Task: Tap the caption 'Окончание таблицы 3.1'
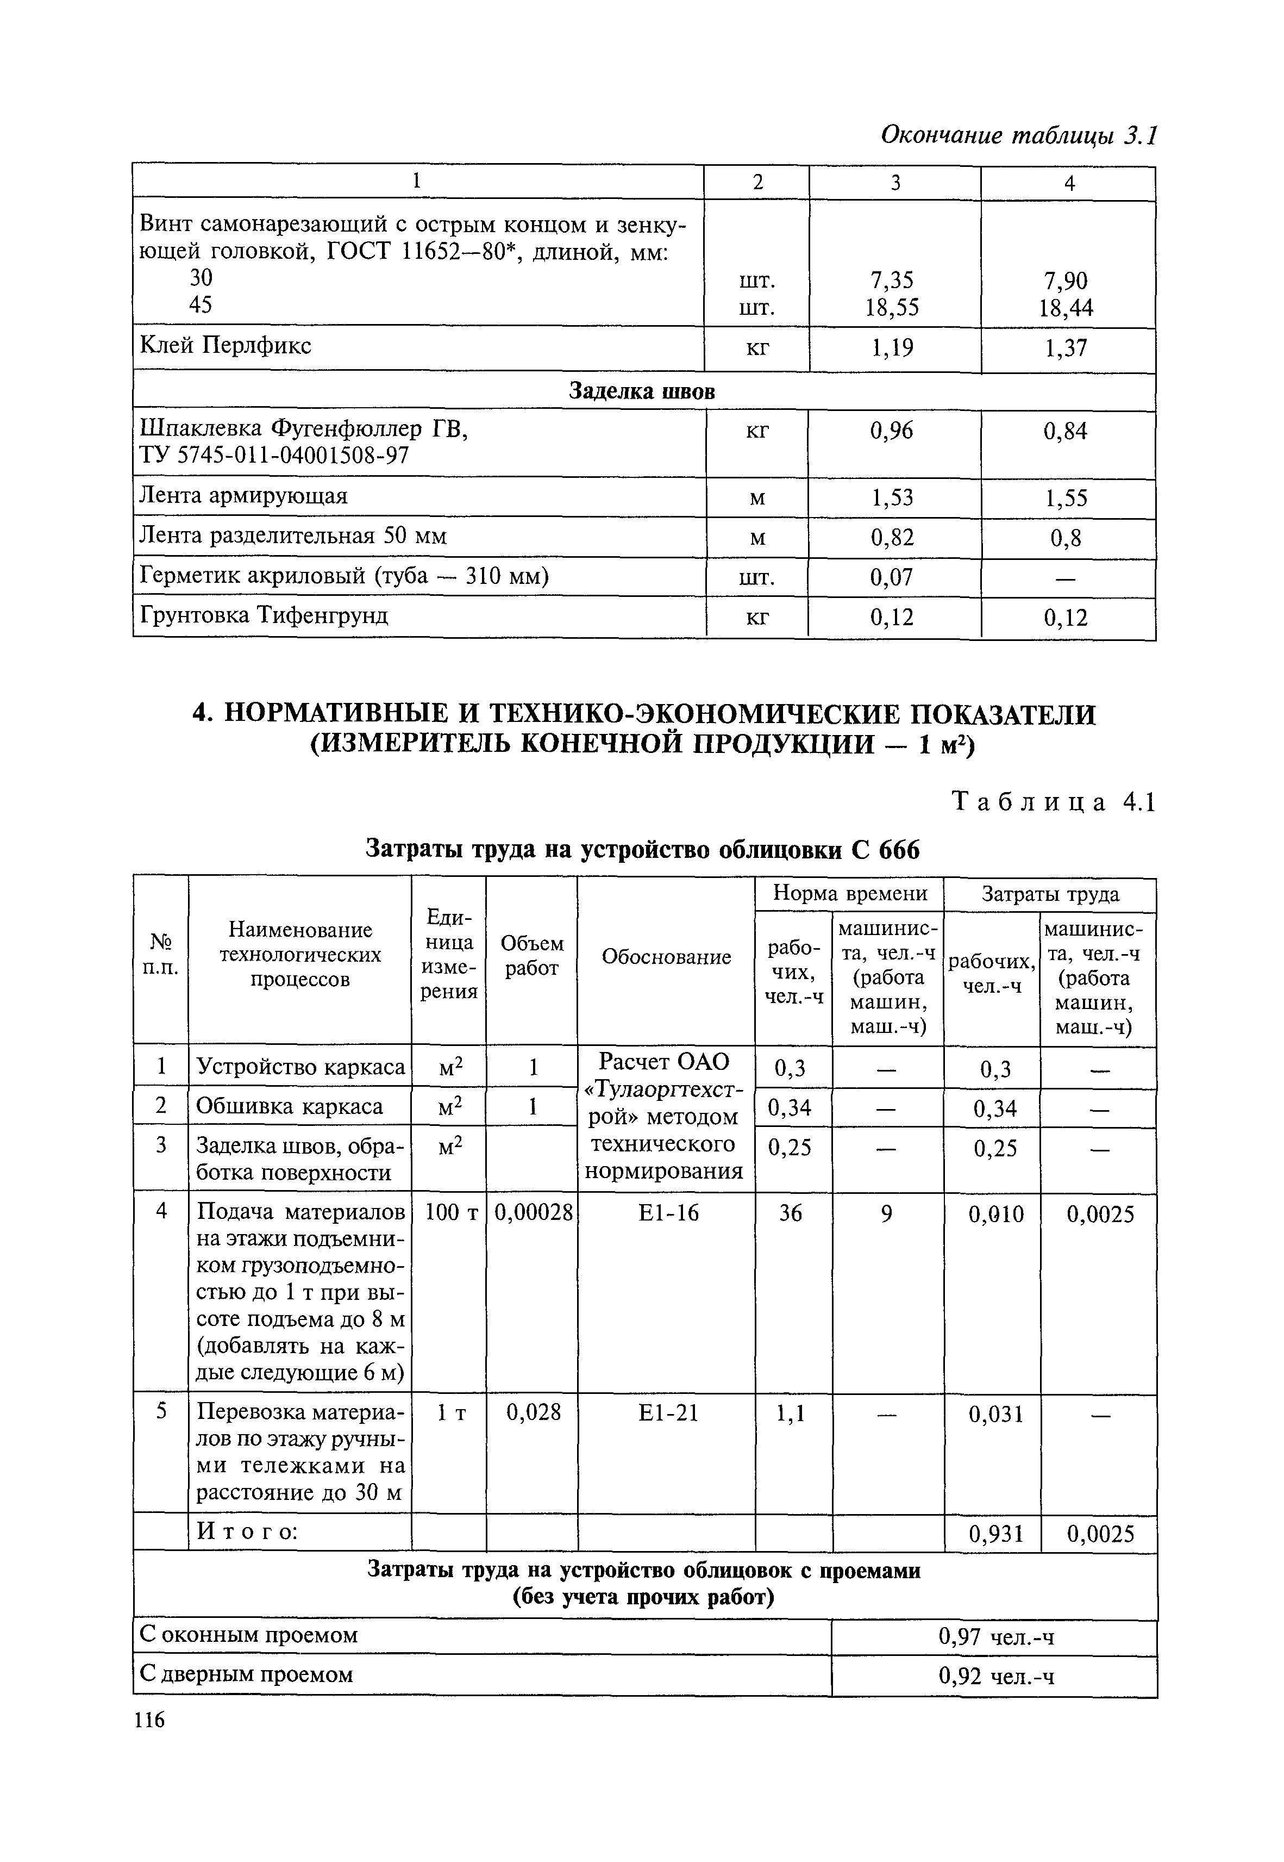click(1018, 134)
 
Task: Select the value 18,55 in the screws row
click(892, 307)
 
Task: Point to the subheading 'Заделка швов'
click(642, 391)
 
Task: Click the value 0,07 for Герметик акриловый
click(892, 577)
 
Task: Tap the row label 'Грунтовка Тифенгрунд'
click(264, 615)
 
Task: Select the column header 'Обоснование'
click(666, 957)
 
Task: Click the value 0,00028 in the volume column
click(533, 1213)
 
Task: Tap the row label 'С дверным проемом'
click(246, 1674)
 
